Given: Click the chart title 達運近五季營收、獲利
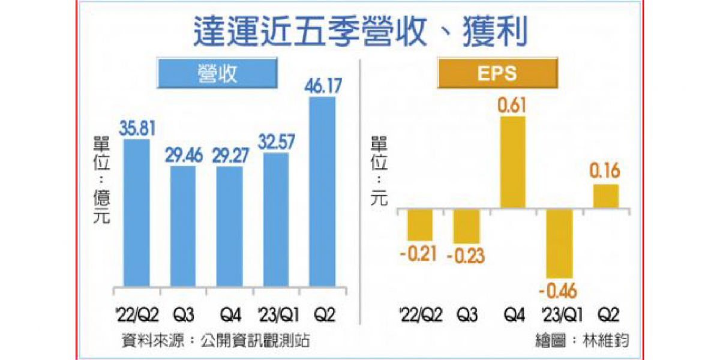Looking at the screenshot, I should tap(360, 32).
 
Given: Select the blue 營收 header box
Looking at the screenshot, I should tap(217, 74).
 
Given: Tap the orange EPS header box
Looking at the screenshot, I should tap(497, 74).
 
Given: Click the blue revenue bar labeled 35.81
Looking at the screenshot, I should tap(136, 212).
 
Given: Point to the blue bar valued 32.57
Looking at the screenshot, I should tap(276, 219).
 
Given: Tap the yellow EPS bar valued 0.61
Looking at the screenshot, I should tap(513, 162).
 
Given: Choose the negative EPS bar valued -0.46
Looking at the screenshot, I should tap(559, 243).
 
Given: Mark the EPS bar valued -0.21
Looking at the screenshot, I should tap(420, 224).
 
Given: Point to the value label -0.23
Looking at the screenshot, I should tap(466, 256).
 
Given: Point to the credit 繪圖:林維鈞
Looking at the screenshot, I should tap(585, 340).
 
